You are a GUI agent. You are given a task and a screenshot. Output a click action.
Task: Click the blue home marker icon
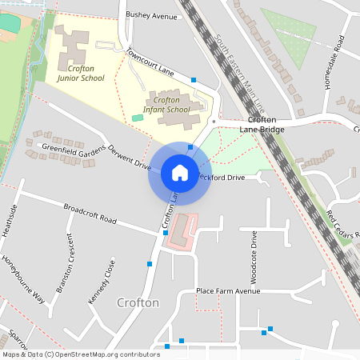point(180,173)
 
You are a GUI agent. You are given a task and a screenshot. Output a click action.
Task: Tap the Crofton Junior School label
point(81,74)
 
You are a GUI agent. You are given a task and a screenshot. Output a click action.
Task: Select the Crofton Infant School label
point(166,104)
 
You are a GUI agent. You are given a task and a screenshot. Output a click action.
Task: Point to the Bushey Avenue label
point(151,15)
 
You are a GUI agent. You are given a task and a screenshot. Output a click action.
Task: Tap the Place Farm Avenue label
point(229,291)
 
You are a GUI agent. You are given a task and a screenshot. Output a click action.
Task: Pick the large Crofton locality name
point(138,303)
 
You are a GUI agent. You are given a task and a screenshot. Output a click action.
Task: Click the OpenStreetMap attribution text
point(81,354)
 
